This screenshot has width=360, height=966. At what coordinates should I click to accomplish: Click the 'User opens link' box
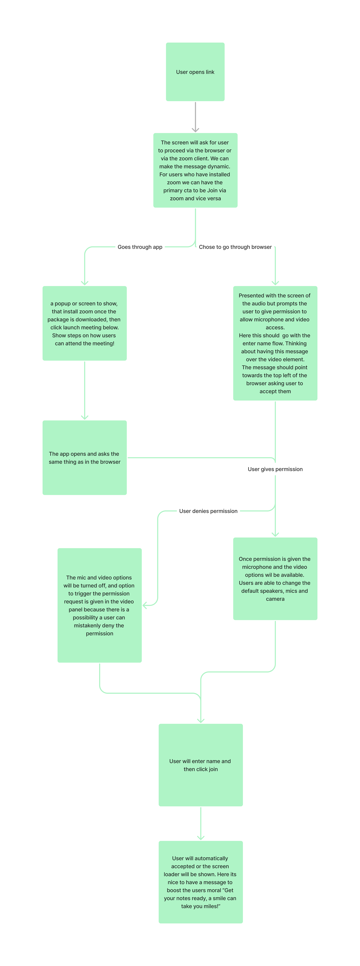pyautogui.click(x=195, y=72)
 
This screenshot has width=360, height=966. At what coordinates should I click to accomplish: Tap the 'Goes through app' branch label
pyautogui.click(x=140, y=247)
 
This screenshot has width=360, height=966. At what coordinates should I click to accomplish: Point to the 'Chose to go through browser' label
pyautogui.click(x=235, y=247)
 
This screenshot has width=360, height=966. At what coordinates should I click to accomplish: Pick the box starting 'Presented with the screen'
pyautogui.click(x=275, y=343)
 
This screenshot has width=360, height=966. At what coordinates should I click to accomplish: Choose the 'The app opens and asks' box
pyautogui.click(x=84, y=457)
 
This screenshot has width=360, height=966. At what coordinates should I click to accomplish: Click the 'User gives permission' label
pyautogui.click(x=275, y=469)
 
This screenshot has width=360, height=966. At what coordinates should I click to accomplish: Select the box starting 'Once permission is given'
pyautogui.click(x=275, y=579)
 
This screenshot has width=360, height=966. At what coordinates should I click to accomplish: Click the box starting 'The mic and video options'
pyautogui.click(x=99, y=605)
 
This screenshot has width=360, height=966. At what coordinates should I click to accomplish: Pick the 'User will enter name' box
pyautogui.click(x=201, y=765)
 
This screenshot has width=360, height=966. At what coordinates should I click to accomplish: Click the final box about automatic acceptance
pyautogui.click(x=201, y=882)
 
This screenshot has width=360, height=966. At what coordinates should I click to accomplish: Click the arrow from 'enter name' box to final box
pyautogui.click(x=201, y=823)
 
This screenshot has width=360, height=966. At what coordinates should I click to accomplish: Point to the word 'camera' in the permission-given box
pyautogui.click(x=275, y=599)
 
